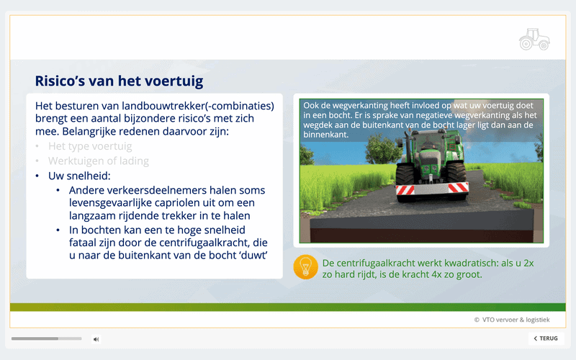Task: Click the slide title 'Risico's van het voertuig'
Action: coord(119,81)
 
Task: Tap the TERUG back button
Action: coord(546,338)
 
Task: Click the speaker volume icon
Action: coord(96,339)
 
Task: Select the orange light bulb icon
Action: coord(305,267)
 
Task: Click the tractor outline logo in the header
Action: coord(534,39)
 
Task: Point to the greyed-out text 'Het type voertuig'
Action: coord(90,146)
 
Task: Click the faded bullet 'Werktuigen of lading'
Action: coord(99,161)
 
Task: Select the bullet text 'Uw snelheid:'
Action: coord(79,176)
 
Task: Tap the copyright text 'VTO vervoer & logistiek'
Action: coord(516,320)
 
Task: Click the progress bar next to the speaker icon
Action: coord(46,338)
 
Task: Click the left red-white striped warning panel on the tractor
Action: coord(405,189)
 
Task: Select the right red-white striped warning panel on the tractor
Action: coord(459,187)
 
